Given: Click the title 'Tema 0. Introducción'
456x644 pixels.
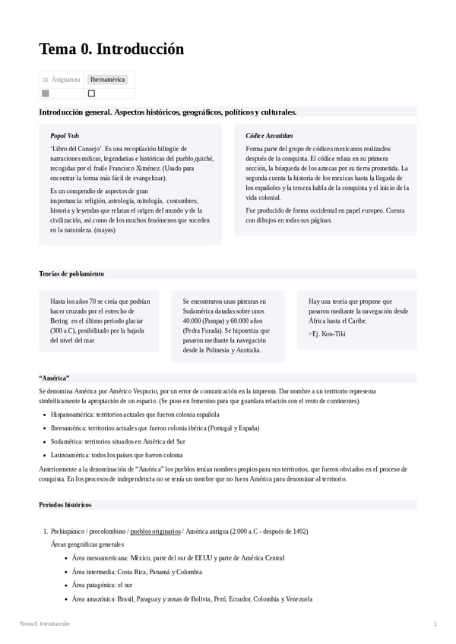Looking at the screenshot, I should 111,49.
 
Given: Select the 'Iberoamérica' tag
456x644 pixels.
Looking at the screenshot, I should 107,79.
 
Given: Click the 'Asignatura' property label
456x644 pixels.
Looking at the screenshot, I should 65,79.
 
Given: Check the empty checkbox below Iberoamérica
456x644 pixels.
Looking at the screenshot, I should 92,93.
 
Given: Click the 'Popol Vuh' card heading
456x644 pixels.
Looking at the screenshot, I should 65,135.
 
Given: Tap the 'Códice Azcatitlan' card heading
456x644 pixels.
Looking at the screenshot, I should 269,135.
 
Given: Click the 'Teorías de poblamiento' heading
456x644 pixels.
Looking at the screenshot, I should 71,273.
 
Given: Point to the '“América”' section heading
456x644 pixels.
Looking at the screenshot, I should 54,377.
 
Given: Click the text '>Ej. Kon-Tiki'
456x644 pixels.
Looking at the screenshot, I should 327,333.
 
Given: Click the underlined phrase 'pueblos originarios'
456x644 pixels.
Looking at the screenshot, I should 155,532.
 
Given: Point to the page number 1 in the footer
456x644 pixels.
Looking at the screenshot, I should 435,623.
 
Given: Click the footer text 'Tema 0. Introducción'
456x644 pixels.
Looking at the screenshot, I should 45,623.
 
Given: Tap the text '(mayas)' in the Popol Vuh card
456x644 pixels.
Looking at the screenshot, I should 105,229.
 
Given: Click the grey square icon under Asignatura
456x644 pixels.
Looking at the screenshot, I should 46,93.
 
